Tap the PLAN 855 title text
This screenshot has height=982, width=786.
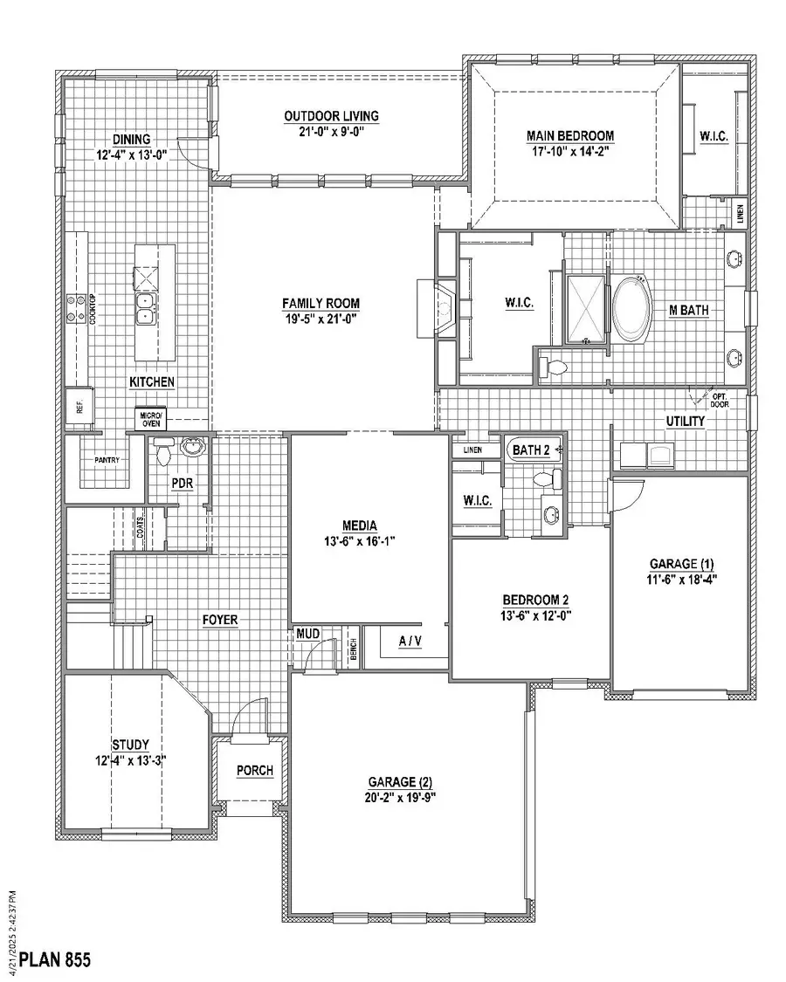coord(54,960)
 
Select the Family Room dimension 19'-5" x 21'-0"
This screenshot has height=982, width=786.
coord(321,319)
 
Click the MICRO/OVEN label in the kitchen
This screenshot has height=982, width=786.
coord(153,420)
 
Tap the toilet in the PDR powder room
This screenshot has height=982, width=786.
coord(162,452)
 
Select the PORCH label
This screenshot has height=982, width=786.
coord(255,771)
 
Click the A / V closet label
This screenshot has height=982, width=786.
coord(409,642)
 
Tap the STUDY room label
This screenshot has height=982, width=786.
coord(131,745)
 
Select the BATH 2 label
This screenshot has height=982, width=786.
coord(530,450)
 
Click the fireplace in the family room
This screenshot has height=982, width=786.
coord(437,307)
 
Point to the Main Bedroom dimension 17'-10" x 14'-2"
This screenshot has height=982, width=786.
coord(569,151)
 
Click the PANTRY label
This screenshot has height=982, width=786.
coord(100,459)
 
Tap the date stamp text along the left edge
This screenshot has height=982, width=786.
coord(13,921)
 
